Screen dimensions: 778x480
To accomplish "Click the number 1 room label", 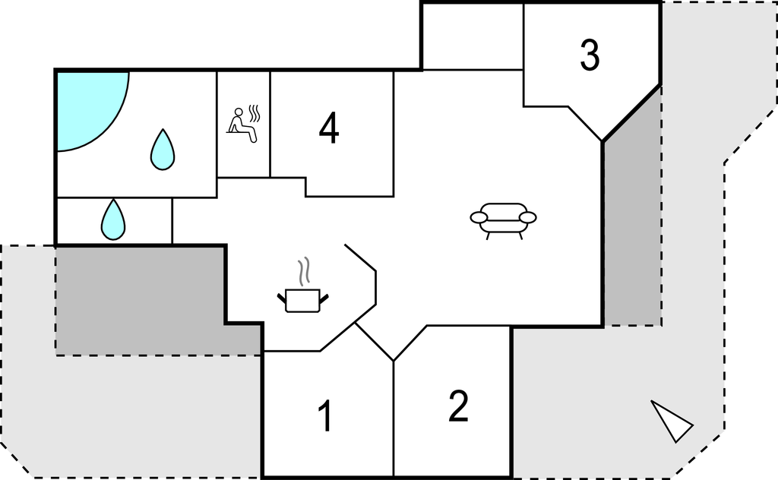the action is click(x=325, y=415).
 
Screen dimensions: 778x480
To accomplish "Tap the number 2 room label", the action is click(x=458, y=406).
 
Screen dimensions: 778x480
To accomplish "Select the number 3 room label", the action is click(x=590, y=55).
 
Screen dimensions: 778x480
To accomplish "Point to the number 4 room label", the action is click(x=329, y=128).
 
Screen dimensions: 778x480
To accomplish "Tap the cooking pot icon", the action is click(x=302, y=300).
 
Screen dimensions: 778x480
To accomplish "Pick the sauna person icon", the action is click(x=242, y=125).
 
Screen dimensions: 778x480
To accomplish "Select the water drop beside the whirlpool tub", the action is click(x=163, y=150).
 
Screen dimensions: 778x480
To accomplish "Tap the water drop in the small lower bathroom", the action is click(x=113, y=219).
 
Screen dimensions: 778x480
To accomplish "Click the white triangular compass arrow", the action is click(x=672, y=421).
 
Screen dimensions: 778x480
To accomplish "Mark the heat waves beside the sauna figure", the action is click(x=254, y=114).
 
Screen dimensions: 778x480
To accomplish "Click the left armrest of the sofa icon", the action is click(x=479, y=217).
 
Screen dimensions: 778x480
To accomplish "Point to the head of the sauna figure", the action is click(x=239, y=112).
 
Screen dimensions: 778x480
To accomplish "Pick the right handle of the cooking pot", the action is click(x=324, y=298).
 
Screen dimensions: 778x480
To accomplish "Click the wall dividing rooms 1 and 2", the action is click(x=394, y=419).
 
